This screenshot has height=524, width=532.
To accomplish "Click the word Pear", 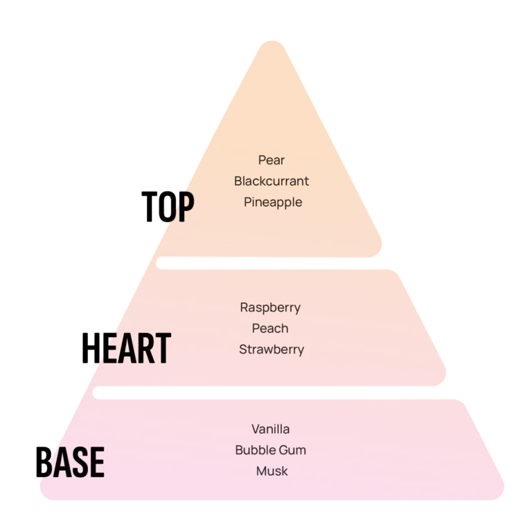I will [x=272, y=160].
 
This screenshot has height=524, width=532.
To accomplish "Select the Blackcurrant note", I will [x=272, y=181].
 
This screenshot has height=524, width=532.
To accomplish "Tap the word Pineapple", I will [x=273, y=202].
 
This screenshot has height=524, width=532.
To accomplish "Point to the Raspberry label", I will [x=270, y=307].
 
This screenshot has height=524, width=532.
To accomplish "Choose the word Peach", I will [x=271, y=328].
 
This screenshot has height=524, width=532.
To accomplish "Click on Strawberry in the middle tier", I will [x=272, y=349].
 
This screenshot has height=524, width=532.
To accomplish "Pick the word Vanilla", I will [x=271, y=429].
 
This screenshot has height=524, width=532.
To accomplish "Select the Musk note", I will [x=272, y=471].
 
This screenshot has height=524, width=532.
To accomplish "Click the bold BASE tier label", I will [x=72, y=462].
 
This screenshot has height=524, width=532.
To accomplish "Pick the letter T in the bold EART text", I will [x=161, y=349].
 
